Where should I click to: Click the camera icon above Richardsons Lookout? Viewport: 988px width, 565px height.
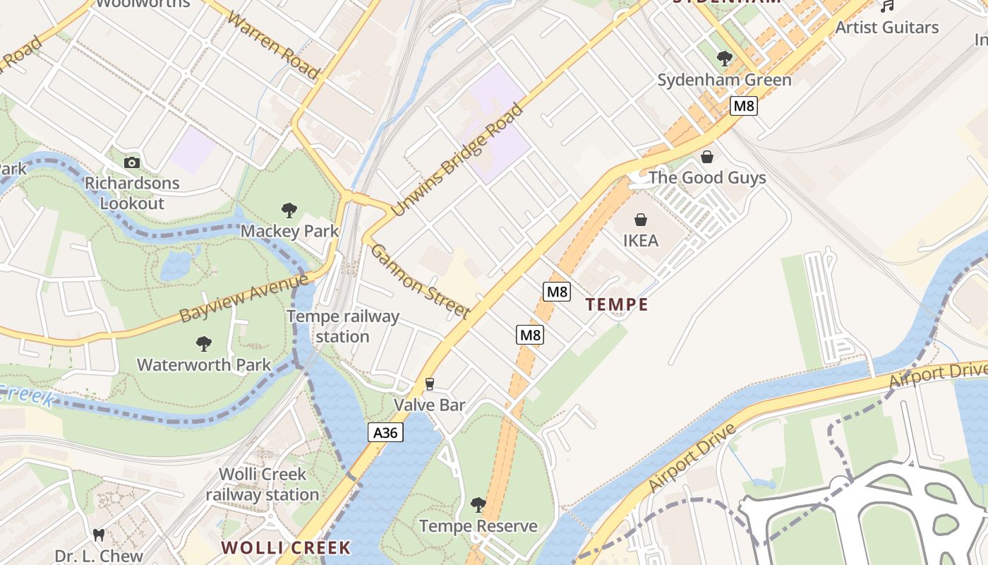tap(132, 162)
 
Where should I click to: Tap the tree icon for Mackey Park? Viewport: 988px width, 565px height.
tap(289, 210)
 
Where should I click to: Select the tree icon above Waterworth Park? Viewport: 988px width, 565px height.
tap(203, 344)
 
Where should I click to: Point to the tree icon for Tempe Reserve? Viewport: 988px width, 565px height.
tap(478, 505)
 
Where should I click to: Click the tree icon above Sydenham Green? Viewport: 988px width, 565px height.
tap(724, 59)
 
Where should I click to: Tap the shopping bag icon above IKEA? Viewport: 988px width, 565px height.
tap(641, 220)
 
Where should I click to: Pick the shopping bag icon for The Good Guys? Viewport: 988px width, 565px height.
tap(707, 157)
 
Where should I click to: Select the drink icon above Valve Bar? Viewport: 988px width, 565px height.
tap(429, 384)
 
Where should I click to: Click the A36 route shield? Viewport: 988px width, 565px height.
tap(385, 432)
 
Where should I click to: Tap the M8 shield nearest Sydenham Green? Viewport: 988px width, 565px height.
tap(744, 106)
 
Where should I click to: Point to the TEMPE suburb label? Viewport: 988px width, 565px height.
tap(617, 304)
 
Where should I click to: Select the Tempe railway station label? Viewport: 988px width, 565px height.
tap(343, 326)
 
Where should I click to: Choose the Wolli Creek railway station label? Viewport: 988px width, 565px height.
tap(263, 484)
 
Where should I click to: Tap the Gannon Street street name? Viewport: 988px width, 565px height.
tap(420, 281)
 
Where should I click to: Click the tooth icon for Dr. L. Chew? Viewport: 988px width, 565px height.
tap(99, 535)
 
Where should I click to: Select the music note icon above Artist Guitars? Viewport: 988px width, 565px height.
tap(887, 6)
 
